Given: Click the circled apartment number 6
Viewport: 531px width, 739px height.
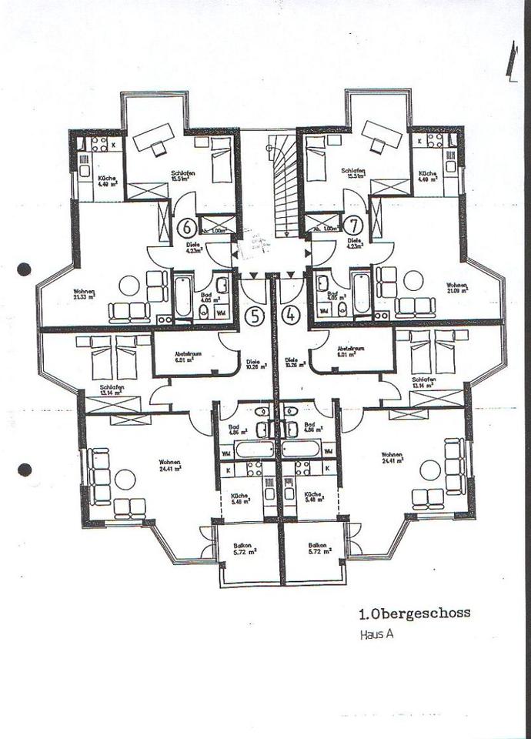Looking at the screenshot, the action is point(185,228).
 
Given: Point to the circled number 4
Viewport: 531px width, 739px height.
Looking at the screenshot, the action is point(290,315).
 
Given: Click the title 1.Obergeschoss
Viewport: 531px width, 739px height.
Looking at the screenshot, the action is point(414,614).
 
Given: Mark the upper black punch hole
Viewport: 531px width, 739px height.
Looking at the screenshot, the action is point(25,269).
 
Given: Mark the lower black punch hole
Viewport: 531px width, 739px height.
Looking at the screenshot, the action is point(25,469).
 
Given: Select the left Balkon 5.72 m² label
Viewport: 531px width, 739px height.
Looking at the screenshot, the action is point(245,548).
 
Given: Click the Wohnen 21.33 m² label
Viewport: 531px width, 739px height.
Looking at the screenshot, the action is point(84,295).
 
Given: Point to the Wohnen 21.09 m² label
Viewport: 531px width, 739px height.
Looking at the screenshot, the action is point(459,288).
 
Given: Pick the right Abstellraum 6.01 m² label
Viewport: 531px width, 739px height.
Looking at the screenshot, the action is point(350,352).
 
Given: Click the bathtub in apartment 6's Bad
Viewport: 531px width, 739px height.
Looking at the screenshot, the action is point(182,296).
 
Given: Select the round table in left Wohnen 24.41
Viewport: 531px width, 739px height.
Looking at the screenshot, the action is point(125,480).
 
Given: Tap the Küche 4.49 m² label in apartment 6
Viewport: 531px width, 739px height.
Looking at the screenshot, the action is point(107,182).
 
